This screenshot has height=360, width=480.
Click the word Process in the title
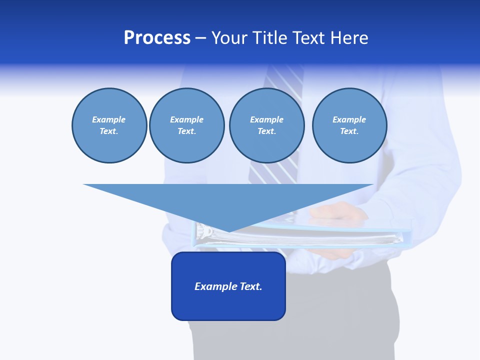(x=157, y=38)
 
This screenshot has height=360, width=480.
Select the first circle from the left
(x=109, y=125)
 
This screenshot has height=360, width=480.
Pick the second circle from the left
(x=186, y=125)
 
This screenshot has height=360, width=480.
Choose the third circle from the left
(x=266, y=125)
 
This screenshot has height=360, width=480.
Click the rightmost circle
(x=349, y=125)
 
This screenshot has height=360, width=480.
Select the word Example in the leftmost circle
(x=109, y=119)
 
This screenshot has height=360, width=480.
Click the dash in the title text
(x=200, y=38)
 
